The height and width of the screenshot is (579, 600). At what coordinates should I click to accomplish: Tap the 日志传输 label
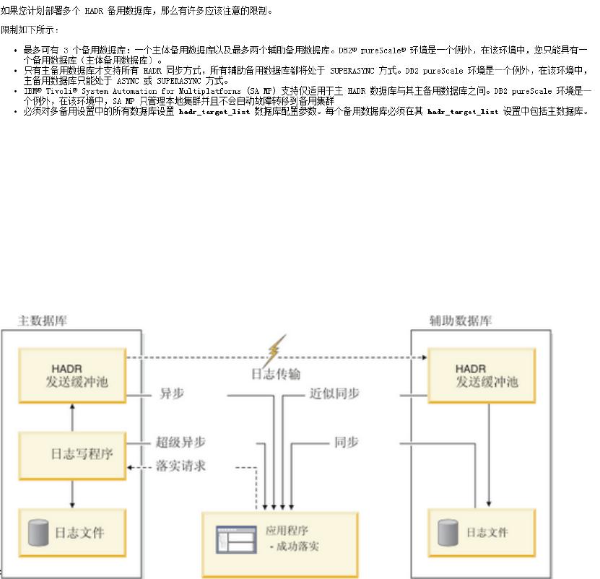point(276,374)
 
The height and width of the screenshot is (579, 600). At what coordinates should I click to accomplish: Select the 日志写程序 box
point(72,454)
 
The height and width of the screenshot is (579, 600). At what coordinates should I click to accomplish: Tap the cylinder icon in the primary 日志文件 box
point(38,533)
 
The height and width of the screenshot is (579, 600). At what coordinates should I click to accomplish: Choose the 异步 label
point(171,393)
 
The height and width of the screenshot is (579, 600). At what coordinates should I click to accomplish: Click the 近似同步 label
point(334,393)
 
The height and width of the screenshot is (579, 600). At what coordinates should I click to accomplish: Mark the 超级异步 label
point(181,442)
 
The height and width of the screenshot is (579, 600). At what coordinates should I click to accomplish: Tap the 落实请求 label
point(181,466)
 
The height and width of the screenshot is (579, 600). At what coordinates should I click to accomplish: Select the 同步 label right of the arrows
point(346,442)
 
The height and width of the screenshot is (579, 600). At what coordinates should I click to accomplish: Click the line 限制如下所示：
point(30,30)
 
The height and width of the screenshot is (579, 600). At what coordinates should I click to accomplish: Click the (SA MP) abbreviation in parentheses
point(262,92)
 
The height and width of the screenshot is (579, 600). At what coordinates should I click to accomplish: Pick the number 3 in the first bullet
point(65,50)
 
